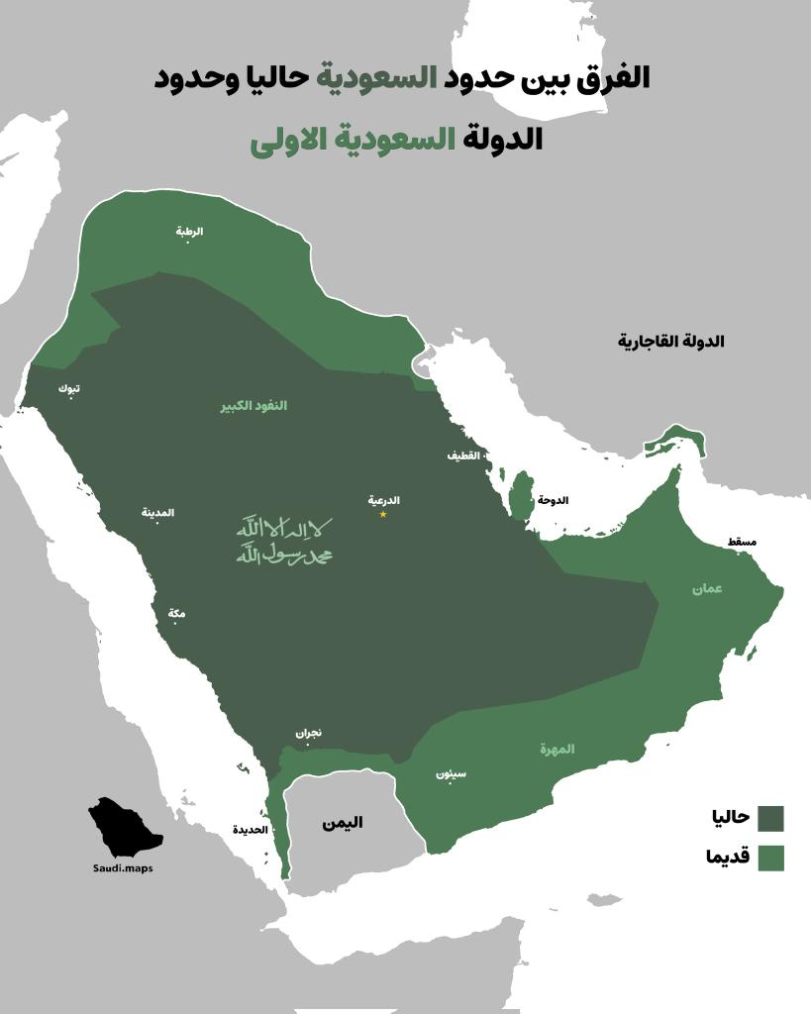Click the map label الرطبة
[x=189, y=231]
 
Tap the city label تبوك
[x=69, y=388]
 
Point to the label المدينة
[x=157, y=512]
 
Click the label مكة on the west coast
[x=176, y=614]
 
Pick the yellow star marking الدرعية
[x=383, y=514]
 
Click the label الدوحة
[x=553, y=501]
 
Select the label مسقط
[x=742, y=543]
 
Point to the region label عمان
[x=707, y=588]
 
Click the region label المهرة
[x=558, y=749]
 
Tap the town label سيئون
[x=451, y=773]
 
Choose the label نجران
[x=308, y=734]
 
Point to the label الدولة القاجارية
[x=670, y=342]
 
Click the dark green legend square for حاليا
[x=770, y=819]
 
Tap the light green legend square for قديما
[x=770, y=858]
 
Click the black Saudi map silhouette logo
[x=124, y=828]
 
